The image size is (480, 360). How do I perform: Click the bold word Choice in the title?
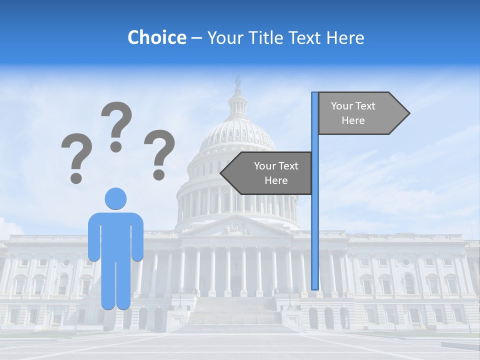[x=156, y=37]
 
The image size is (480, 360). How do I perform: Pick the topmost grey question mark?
[x=116, y=125]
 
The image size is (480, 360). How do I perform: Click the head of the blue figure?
[x=115, y=198]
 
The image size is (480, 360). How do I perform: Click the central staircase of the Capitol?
[x=235, y=315]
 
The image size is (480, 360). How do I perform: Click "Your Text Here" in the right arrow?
[x=353, y=113]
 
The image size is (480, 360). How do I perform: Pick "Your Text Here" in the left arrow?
[x=276, y=173]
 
